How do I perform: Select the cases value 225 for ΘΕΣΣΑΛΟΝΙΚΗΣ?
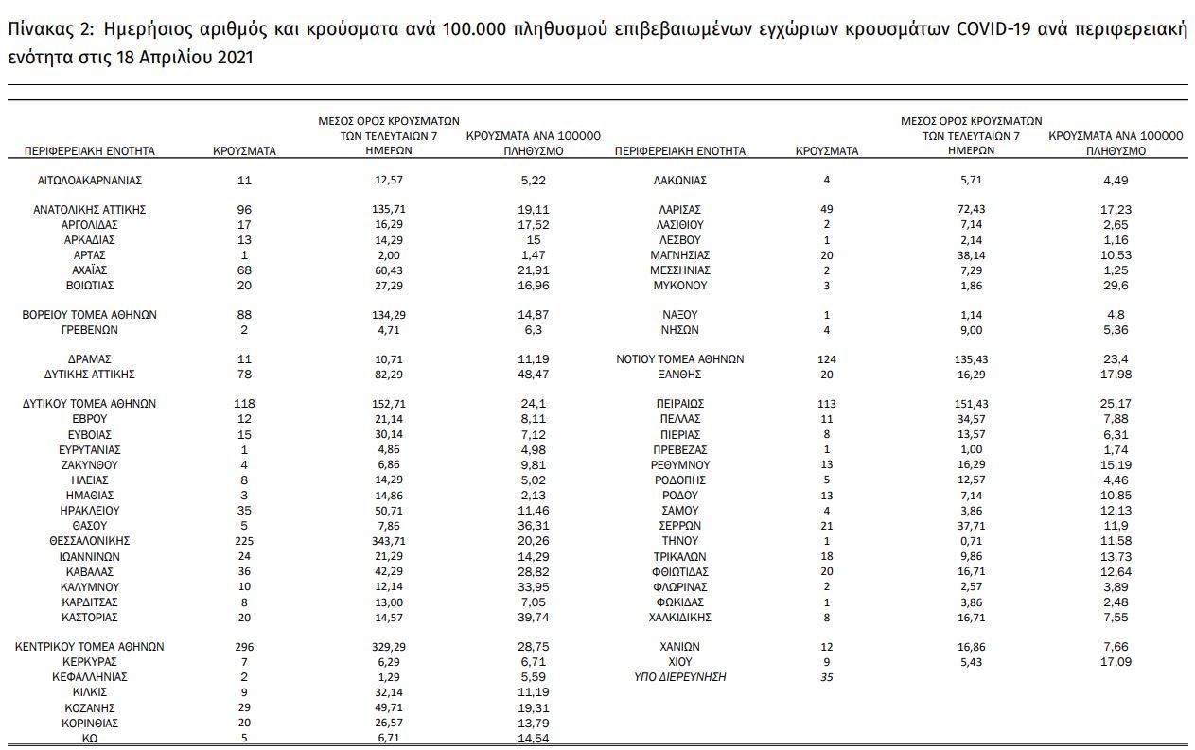point(244,541)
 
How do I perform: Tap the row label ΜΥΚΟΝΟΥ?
point(680,286)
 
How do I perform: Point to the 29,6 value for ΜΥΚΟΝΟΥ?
point(1116,286)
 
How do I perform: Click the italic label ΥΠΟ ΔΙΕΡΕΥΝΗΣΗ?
point(680,677)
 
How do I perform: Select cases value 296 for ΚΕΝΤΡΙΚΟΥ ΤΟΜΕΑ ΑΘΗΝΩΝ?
point(244,647)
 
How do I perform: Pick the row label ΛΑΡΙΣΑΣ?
point(680,210)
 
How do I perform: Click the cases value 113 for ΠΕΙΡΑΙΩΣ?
point(827,404)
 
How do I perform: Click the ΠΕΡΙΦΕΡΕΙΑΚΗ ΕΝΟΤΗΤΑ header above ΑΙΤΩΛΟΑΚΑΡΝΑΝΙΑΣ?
point(90,151)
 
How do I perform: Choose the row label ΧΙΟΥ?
point(680,662)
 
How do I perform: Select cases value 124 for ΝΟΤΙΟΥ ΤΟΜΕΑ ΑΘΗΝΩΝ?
point(827,359)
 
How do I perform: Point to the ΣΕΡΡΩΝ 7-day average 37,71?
point(971,526)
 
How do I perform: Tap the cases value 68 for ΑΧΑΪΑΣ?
point(244,270)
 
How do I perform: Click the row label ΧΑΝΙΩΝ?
point(680,647)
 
